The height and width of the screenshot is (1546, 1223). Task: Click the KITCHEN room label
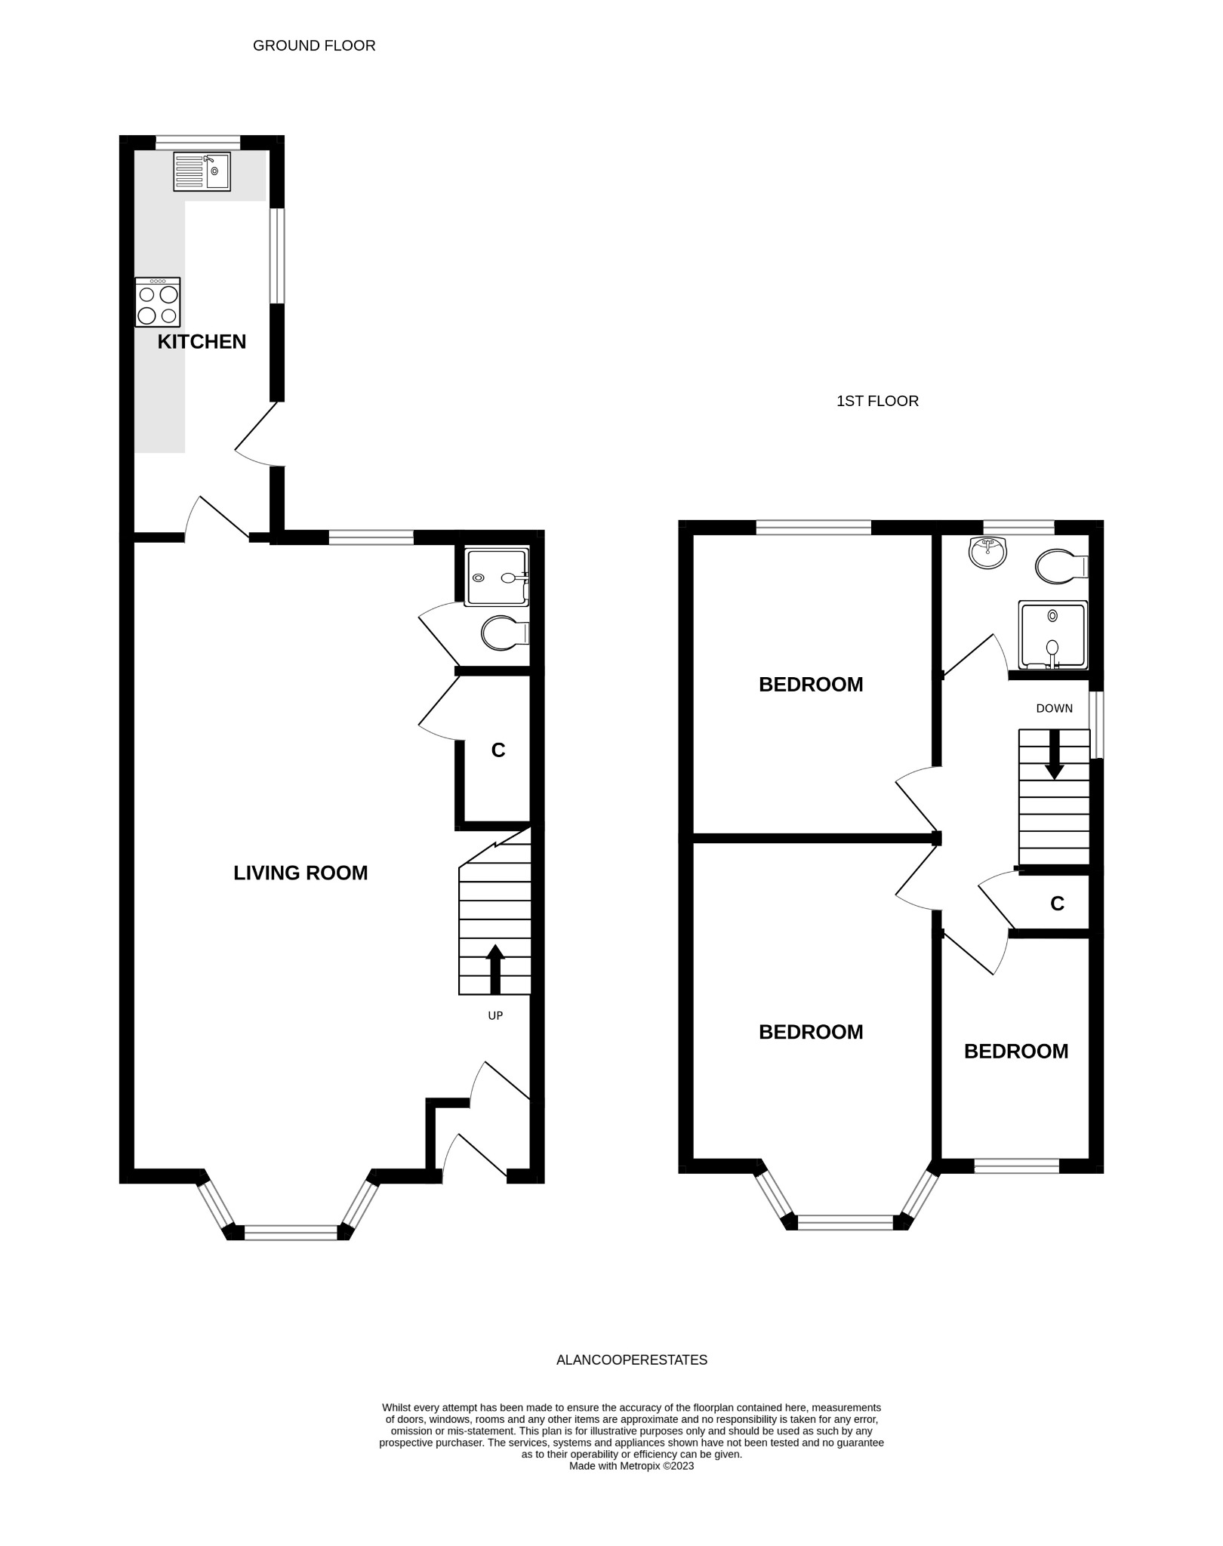click(x=202, y=342)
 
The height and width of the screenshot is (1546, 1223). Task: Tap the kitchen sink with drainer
click(x=202, y=171)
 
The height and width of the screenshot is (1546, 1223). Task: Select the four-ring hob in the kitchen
click(x=158, y=302)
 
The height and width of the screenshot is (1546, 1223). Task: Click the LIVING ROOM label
click(x=300, y=873)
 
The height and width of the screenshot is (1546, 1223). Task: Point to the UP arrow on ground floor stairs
click(x=495, y=969)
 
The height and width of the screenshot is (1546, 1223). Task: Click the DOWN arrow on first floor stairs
click(x=1055, y=754)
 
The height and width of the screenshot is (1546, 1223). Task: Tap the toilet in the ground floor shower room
click(x=505, y=633)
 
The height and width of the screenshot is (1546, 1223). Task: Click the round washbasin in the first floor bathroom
click(x=987, y=553)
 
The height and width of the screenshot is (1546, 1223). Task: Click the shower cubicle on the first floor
click(x=1053, y=635)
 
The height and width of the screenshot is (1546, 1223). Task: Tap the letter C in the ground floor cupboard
click(x=498, y=750)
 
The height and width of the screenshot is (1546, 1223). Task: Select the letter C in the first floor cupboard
click(x=1058, y=904)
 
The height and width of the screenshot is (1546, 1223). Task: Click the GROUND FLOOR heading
click(x=314, y=46)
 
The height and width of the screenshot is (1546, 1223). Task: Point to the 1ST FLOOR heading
click(x=877, y=402)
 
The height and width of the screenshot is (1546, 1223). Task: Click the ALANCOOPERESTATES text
click(x=632, y=1360)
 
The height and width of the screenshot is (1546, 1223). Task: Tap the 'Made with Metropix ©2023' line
click(x=631, y=1467)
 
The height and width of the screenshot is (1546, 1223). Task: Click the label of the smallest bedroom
click(x=1016, y=1052)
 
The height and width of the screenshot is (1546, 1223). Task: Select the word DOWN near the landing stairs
click(x=1055, y=709)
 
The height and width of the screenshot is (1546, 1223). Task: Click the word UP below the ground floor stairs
click(x=495, y=1016)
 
